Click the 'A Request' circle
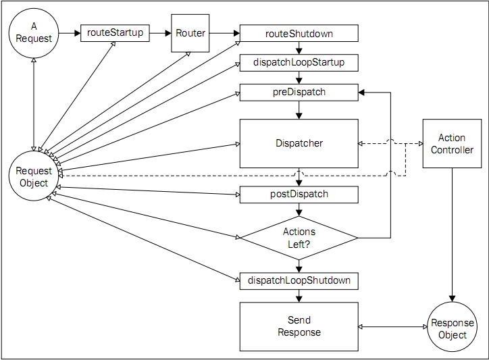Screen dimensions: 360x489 click(33, 32)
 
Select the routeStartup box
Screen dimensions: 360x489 click(115, 32)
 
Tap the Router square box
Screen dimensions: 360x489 click(190, 32)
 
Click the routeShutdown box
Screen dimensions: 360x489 click(299, 32)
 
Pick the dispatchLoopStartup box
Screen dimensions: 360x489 click(299, 63)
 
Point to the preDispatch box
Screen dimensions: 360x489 click(299, 92)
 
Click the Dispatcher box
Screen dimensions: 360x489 click(299, 143)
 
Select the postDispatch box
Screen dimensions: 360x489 click(299, 195)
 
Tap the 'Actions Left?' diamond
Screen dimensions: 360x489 click(299, 237)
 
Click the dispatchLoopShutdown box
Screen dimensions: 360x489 click(299, 280)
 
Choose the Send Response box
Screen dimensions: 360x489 click(299, 326)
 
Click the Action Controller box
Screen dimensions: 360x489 click(452, 144)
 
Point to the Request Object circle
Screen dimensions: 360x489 click(33, 177)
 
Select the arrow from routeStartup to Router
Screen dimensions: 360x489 click(160, 32)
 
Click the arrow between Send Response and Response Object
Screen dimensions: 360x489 click(392, 327)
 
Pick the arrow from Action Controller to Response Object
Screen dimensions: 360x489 click(452, 236)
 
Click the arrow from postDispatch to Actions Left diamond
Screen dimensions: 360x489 click(299, 209)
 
